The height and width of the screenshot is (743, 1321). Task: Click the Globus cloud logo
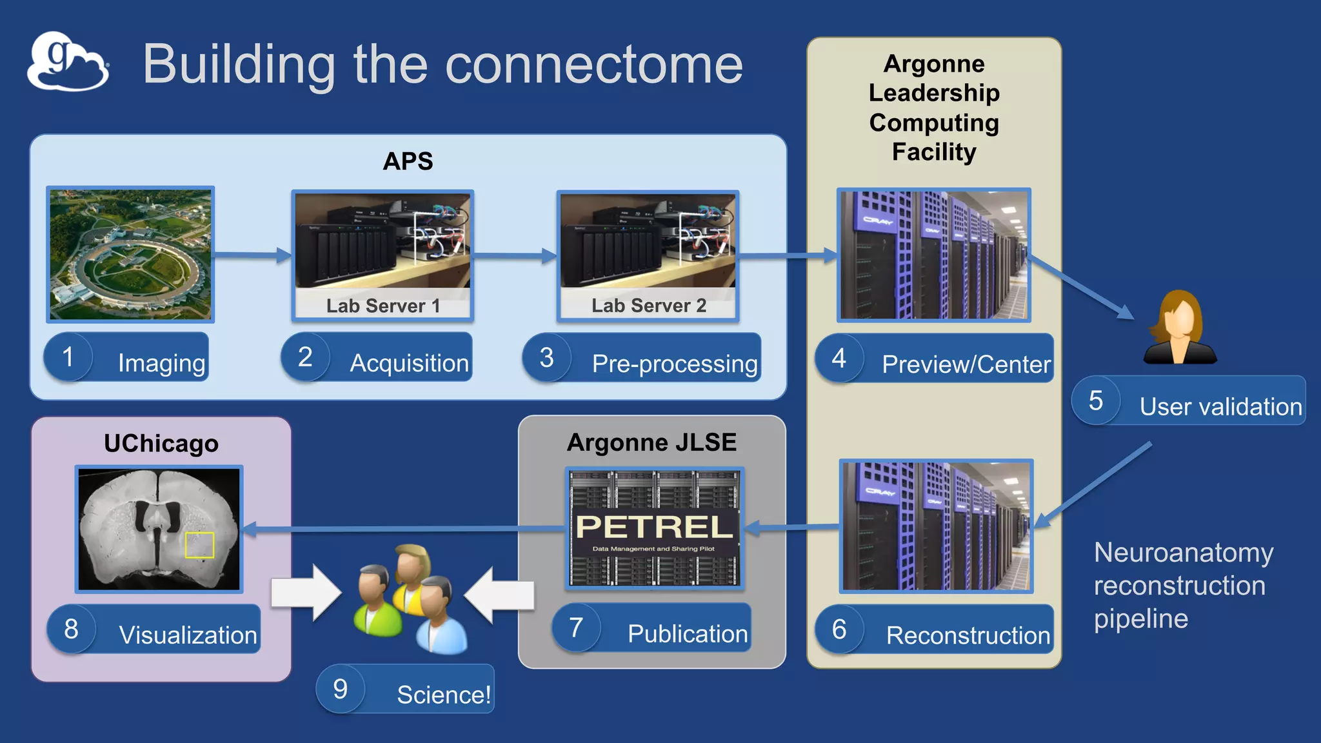click(68, 62)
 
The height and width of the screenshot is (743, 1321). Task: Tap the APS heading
click(408, 161)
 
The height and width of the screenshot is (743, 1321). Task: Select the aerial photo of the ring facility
click(130, 255)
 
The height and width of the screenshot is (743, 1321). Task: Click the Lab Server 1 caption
click(383, 306)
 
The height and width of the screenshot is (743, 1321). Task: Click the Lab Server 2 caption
click(649, 306)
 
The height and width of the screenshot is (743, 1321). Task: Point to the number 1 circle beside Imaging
click(68, 357)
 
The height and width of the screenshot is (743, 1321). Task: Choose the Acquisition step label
click(408, 363)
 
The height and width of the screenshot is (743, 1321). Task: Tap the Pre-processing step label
click(674, 364)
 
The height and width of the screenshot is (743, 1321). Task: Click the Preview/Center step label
click(966, 364)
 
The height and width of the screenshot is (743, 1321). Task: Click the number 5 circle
click(1096, 401)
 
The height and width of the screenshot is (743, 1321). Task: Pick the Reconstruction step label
click(968, 635)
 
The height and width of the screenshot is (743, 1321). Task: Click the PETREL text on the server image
click(654, 527)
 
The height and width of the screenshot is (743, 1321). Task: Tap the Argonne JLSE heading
click(651, 442)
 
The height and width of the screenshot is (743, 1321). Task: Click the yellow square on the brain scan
click(199, 545)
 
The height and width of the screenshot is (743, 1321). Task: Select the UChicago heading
click(161, 444)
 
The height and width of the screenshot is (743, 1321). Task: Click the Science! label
click(443, 695)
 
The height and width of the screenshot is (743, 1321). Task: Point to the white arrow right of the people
click(499, 595)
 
